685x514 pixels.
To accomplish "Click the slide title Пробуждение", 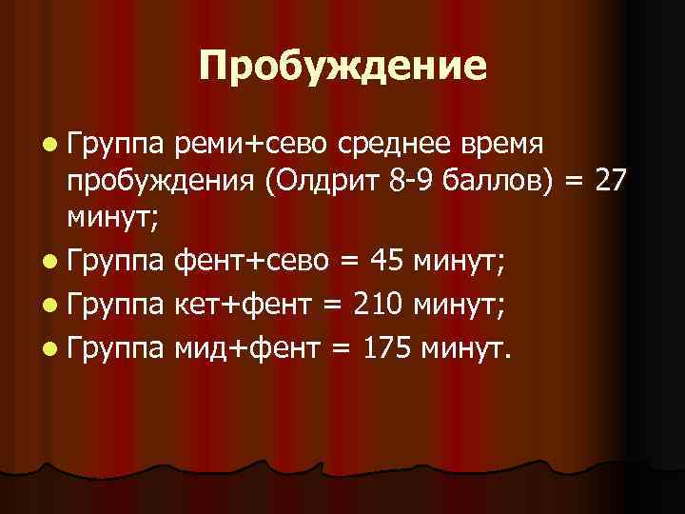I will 342,66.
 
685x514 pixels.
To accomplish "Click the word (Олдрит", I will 325,184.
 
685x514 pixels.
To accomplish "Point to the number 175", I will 385,347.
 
